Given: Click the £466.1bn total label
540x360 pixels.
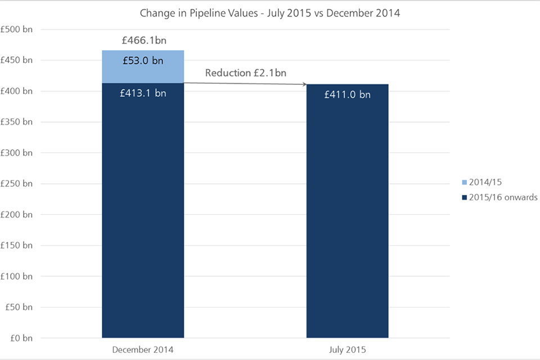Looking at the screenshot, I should point(143,40).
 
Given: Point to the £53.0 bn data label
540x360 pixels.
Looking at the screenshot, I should point(143,60).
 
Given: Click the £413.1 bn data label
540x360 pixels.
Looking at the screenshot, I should point(143,94).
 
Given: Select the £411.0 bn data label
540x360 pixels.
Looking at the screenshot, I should point(347,95).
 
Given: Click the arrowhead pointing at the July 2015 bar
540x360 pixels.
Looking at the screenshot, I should point(304,85).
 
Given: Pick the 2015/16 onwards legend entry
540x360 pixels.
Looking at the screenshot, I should point(495,197).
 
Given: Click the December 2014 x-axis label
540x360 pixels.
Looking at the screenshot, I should point(143,350).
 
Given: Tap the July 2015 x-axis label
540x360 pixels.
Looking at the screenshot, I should point(347,350).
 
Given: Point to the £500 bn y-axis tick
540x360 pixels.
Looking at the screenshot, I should point(17,29).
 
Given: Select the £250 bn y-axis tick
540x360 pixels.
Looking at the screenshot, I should point(17,184).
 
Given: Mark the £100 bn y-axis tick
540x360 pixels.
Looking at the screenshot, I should point(17,277).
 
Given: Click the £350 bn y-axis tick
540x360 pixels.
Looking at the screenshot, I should point(17,122).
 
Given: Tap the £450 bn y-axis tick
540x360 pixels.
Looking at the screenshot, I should point(17,60).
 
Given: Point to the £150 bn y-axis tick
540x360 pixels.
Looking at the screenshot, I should point(17,246).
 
